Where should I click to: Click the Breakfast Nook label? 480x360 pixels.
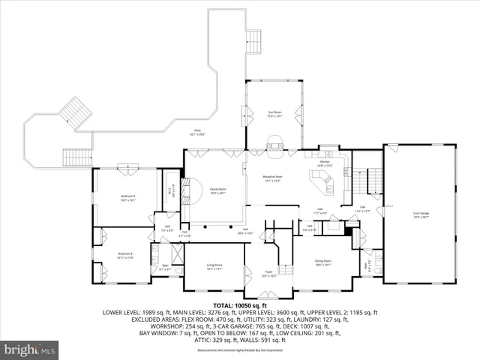271,178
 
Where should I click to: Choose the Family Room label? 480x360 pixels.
217,191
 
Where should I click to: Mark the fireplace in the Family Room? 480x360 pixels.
193,191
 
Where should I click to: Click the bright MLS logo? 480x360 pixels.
30,349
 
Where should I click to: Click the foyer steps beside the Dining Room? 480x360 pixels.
284,269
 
